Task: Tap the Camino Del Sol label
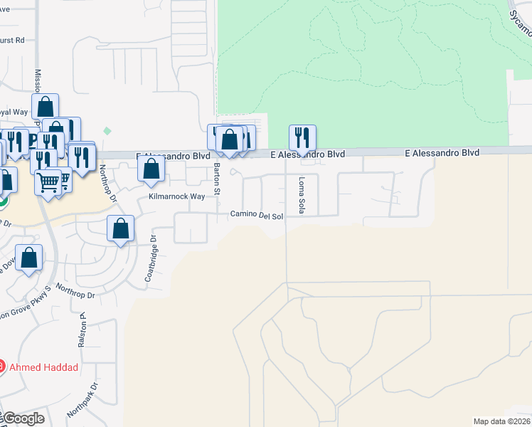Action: pos(256,215)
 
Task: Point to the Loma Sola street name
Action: pos(302,195)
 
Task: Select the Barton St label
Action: pos(218,179)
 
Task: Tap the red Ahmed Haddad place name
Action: pos(44,367)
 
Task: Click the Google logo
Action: pos(23,418)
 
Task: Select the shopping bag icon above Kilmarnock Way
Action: pos(151,169)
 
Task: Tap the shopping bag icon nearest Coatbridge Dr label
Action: pos(121,229)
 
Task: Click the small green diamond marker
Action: pos(107,131)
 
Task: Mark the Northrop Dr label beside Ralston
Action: pos(75,290)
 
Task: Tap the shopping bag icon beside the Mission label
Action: pos(45,107)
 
